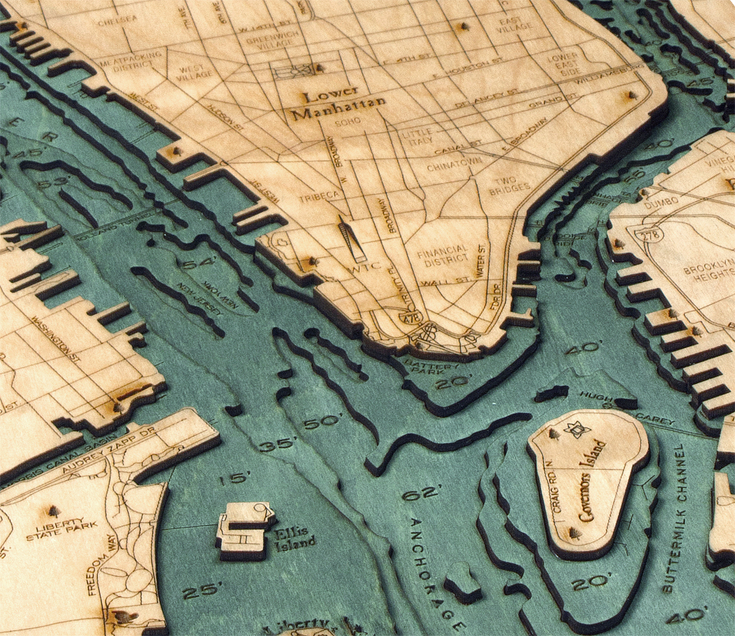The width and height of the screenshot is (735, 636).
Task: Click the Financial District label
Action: [446, 256]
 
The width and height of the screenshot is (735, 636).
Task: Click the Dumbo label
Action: [661, 204]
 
